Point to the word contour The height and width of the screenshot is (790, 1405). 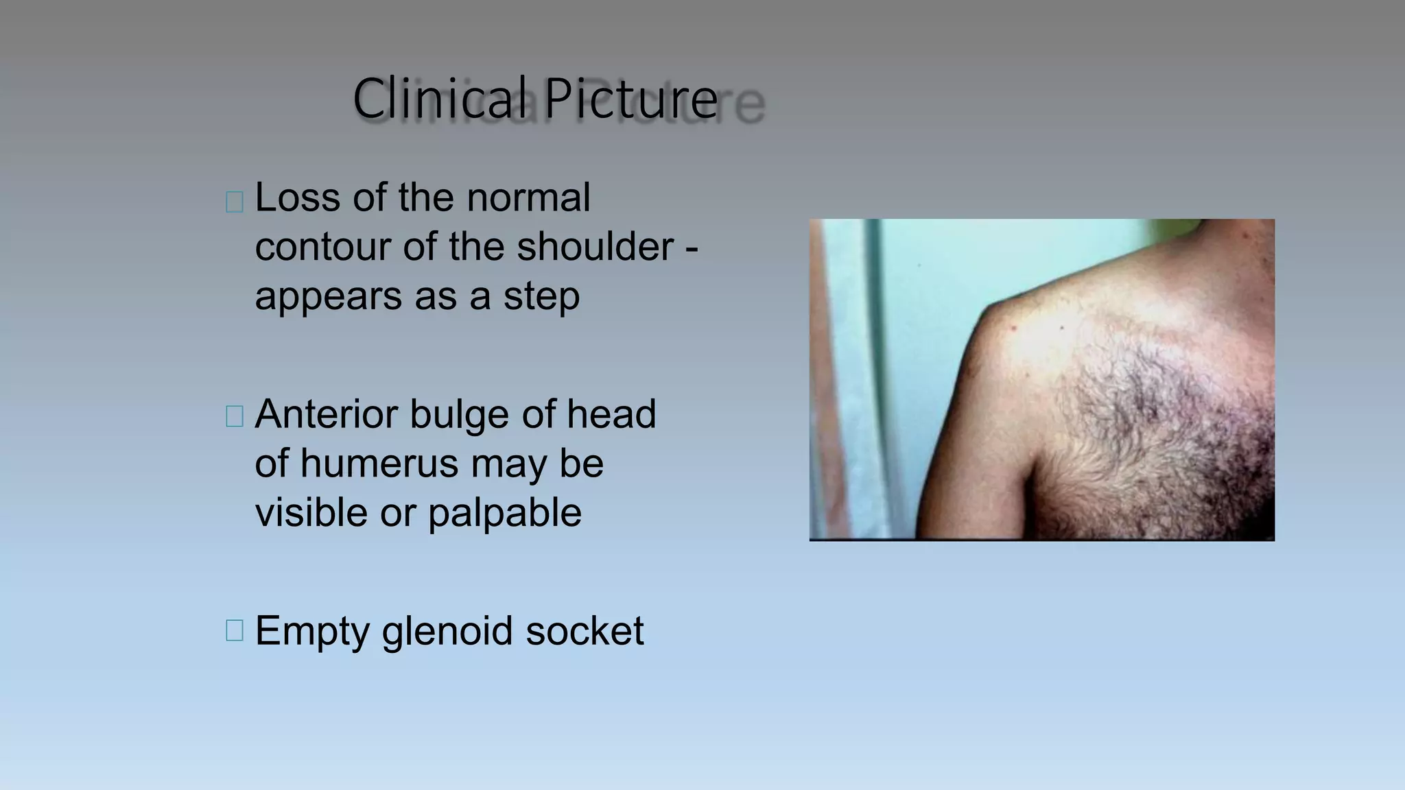tap(322, 247)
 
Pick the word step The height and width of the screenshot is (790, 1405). tap(541, 296)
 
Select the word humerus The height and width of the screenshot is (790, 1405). tap(379, 464)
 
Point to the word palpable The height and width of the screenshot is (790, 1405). tap(505, 513)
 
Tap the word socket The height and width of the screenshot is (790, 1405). tap(585, 631)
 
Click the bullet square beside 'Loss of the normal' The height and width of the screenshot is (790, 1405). tap(235, 202)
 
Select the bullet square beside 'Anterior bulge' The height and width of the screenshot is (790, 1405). tap(235, 416)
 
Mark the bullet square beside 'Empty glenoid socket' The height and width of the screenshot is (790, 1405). tap(235, 630)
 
